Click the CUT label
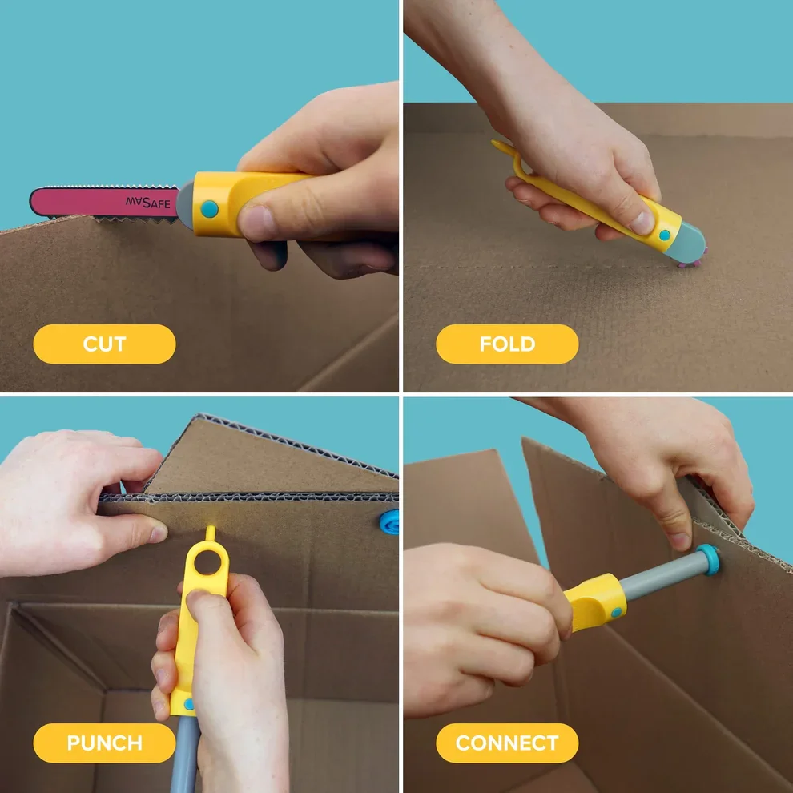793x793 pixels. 104,344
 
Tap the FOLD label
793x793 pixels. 507,344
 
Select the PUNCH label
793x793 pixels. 104,743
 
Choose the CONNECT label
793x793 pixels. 507,743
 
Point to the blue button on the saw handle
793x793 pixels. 209,209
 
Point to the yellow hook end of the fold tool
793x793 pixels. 501,148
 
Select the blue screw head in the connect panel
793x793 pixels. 708,558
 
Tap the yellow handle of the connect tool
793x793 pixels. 593,601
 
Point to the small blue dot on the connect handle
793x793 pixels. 615,613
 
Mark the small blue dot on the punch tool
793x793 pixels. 189,705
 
